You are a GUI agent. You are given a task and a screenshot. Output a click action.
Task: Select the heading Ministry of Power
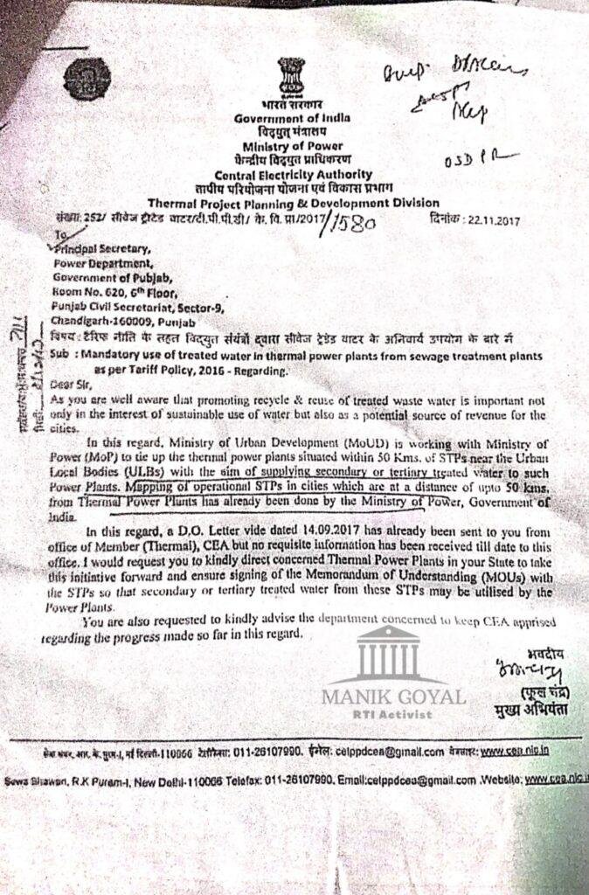click(293, 145)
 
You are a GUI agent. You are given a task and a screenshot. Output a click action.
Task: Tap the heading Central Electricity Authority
click(292, 174)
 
